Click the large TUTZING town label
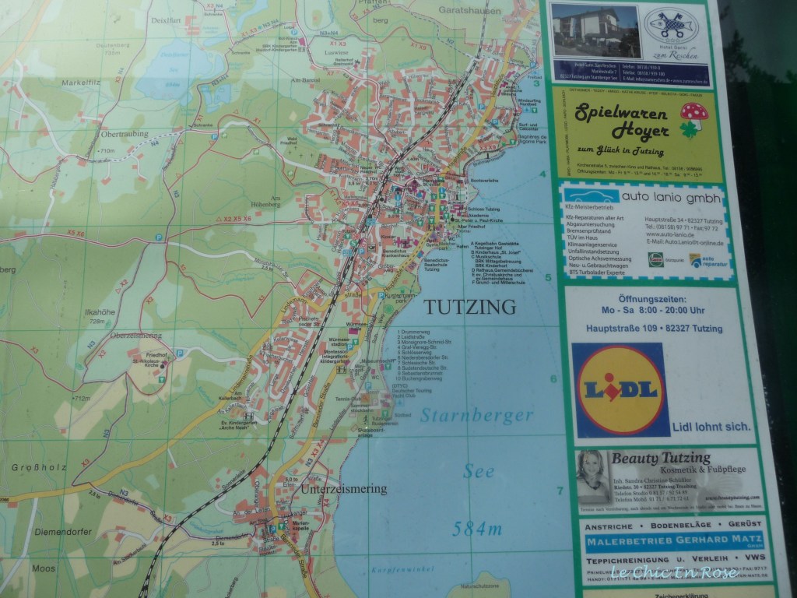click(469, 307)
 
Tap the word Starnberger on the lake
click(476, 415)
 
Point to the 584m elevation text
click(476, 529)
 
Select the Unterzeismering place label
click(344, 488)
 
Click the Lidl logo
click(620, 389)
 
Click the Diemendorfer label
click(62, 532)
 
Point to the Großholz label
click(37, 467)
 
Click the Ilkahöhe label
click(99, 313)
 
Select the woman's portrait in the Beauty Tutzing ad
click(593, 476)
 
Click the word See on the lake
click(478, 471)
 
